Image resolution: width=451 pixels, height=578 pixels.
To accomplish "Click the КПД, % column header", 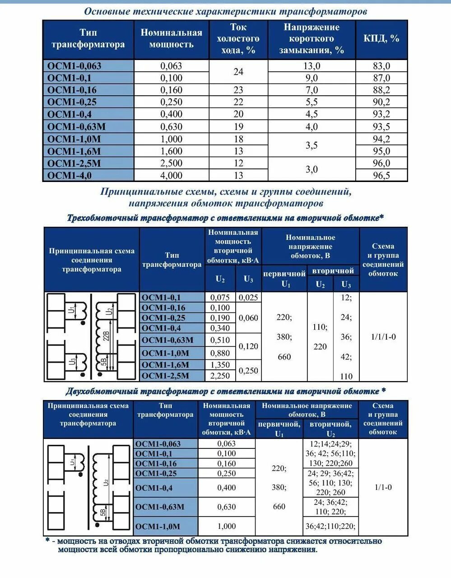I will click(381, 38).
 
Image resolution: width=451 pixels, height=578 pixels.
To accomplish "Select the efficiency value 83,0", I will click(381, 66).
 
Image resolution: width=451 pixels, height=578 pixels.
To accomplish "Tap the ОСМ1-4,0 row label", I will click(70, 175).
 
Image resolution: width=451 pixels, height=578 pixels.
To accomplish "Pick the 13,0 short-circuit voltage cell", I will click(312, 66).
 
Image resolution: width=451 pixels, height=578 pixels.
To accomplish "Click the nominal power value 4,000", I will click(172, 175).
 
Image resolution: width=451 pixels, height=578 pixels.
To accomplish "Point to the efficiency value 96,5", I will click(381, 175).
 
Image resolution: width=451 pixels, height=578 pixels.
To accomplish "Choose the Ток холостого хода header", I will click(238, 38).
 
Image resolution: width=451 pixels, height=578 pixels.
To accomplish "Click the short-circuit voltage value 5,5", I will click(312, 102).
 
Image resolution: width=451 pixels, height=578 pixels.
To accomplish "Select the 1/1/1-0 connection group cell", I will click(383, 337).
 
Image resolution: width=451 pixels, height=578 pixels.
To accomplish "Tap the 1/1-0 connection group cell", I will click(383, 487).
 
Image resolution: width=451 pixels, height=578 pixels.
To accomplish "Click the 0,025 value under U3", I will click(248, 297).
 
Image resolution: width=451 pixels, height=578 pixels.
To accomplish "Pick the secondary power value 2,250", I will click(220, 376).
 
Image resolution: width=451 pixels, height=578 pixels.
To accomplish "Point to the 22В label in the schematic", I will click(106, 336).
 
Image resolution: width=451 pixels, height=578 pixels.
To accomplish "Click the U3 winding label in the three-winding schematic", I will click(72, 361).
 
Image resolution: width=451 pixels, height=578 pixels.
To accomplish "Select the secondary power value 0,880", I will click(220, 353).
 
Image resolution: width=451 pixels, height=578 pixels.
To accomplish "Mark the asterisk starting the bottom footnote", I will click(47, 541).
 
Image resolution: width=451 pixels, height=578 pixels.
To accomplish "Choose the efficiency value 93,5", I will click(381, 126).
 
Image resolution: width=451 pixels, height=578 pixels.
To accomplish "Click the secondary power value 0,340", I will click(220, 328).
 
